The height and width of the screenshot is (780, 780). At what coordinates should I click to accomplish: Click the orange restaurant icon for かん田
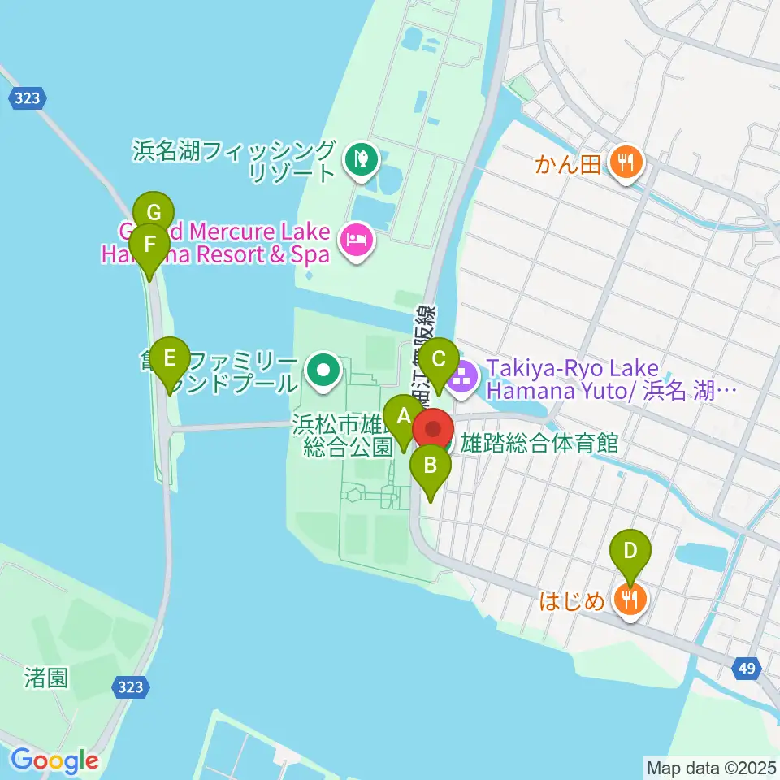[625, 165]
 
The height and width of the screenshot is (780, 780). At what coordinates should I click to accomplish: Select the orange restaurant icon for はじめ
[630, 601]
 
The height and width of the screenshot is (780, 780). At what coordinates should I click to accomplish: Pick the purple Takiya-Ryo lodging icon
[461, 376]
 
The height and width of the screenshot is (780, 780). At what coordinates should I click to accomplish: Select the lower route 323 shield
[130, 687]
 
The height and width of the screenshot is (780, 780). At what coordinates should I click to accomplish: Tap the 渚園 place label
[45, 678]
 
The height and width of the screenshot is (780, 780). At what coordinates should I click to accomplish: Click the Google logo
[54, 761]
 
